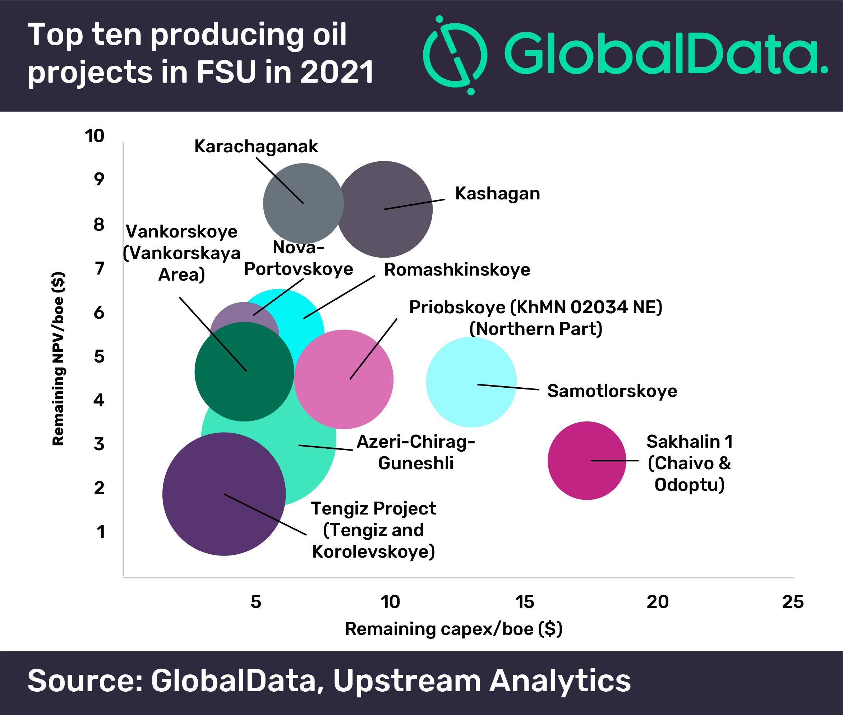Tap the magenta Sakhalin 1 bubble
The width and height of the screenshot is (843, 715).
586,461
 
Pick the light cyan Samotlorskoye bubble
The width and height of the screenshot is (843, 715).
471,382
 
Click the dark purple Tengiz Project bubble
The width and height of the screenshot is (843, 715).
224,494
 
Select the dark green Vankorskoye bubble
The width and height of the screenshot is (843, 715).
244,371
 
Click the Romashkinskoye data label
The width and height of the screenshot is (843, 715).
457,270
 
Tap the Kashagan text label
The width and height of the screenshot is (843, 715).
497,194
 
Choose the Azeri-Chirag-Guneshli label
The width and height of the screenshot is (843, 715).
415,452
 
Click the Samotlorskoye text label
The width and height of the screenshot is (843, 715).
612,391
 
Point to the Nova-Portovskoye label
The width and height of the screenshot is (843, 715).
298,258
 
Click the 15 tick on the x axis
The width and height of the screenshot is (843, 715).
524,602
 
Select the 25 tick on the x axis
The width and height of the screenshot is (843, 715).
792,602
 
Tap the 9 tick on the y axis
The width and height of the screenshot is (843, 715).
99,179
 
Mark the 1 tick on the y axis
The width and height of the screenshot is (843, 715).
101,532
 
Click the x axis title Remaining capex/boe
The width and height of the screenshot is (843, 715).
453,629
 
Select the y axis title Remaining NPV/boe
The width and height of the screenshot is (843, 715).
58,359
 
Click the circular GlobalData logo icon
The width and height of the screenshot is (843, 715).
455,55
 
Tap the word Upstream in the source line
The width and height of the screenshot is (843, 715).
406,681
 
